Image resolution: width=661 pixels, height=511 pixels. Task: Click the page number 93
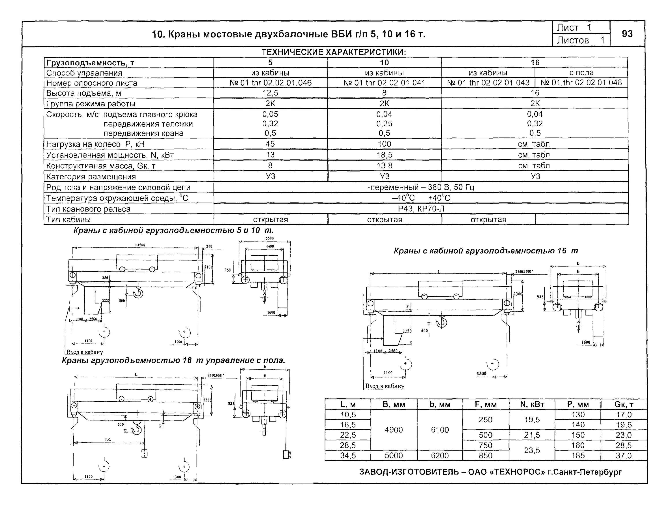click(x=627, y=34)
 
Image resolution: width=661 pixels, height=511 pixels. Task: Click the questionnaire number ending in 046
click(x=270, y=83)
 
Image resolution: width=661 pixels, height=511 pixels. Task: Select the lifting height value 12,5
click(x=270, y=93)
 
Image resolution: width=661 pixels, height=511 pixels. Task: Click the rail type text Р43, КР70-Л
click(x=421, y=209)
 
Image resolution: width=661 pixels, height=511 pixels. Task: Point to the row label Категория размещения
click(x=91, y=177)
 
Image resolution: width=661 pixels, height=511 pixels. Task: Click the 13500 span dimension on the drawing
click(x=140, y=245)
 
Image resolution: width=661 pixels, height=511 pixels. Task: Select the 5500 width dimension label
click(x=269, y=238)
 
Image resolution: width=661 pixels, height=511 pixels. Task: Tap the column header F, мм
click(x=485, y=404)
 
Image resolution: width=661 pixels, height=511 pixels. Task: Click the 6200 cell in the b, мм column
click(x=440, y=456)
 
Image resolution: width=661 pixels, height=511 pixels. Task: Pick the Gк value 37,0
click(x=624, y=456)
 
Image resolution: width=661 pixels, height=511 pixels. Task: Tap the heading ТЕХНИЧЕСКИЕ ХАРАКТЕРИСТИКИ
click(x=334, y=52)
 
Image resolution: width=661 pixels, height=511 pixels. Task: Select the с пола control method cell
click(x=581, y=73)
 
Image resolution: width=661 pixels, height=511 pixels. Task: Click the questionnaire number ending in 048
click(x=581, y=83)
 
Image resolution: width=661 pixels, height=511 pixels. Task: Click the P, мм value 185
click(x=578, y=456)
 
